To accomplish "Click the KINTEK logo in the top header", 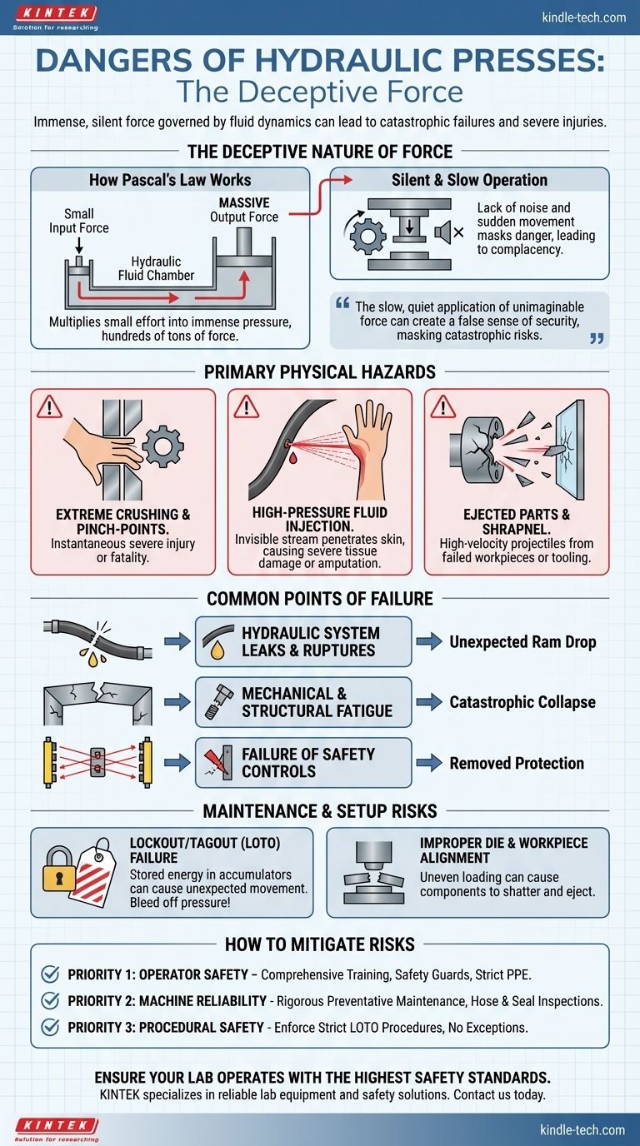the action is tap(55, 18).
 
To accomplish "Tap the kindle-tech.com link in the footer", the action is tap(582, 1129).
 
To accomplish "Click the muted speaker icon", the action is tap(449, 233).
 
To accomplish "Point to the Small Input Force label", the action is tap(79, 221).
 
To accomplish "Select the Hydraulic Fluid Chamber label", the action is tap(156, 268).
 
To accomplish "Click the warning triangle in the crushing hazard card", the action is tap(49, 406).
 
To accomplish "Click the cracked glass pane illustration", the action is tap(569, 449).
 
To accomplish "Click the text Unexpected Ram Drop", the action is tap(522, 641).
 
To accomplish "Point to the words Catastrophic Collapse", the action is tap(522, 702).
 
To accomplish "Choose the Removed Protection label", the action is tap(517, 763).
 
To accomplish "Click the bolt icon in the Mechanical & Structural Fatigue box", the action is tap(218, 701).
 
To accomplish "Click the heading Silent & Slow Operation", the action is tap(469, 180).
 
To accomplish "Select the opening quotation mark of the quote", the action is tap(342, 303).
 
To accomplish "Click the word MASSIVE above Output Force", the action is tap(244, 202).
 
